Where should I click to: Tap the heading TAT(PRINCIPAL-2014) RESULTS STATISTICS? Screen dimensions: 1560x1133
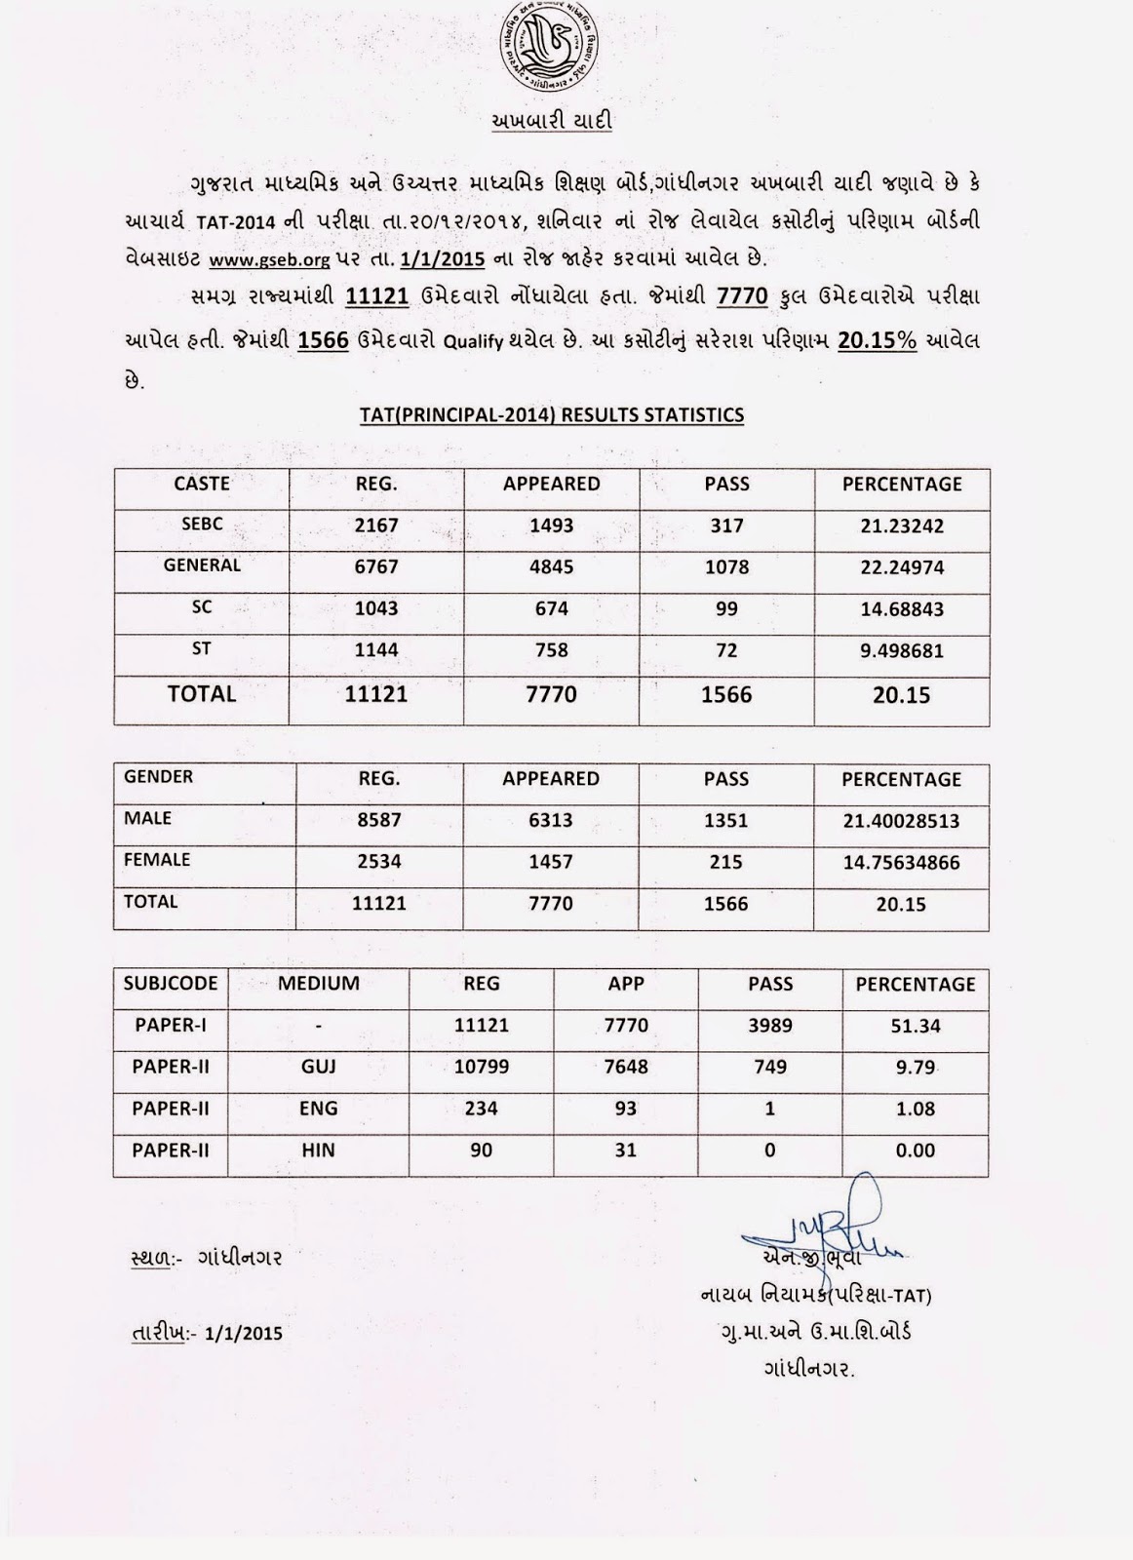tap(552, 415)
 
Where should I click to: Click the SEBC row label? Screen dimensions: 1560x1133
tap(202, 524)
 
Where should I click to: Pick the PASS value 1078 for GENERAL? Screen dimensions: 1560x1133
tap(726, 566)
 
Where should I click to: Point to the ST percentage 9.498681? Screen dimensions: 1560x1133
tap(902, 650)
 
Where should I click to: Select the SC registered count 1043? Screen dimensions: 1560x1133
tap(376, 608)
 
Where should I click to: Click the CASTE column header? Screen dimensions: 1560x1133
tap(202, 484)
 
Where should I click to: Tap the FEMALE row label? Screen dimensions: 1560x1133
tap(157, 860)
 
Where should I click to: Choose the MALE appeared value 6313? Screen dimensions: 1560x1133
tap(551, 821)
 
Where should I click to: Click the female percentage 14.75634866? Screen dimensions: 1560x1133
tap(902, 863)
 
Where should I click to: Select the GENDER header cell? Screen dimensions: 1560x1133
tap(159, 777)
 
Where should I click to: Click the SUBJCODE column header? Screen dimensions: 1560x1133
tap(171, 984)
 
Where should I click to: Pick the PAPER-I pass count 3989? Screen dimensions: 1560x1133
tap(770, 1026)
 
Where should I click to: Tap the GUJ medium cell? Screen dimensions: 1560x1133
tap(319, 1067)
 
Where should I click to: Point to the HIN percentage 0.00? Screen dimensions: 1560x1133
tap(916, 1150)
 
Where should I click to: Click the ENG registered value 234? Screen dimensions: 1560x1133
tap(482, 1109)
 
